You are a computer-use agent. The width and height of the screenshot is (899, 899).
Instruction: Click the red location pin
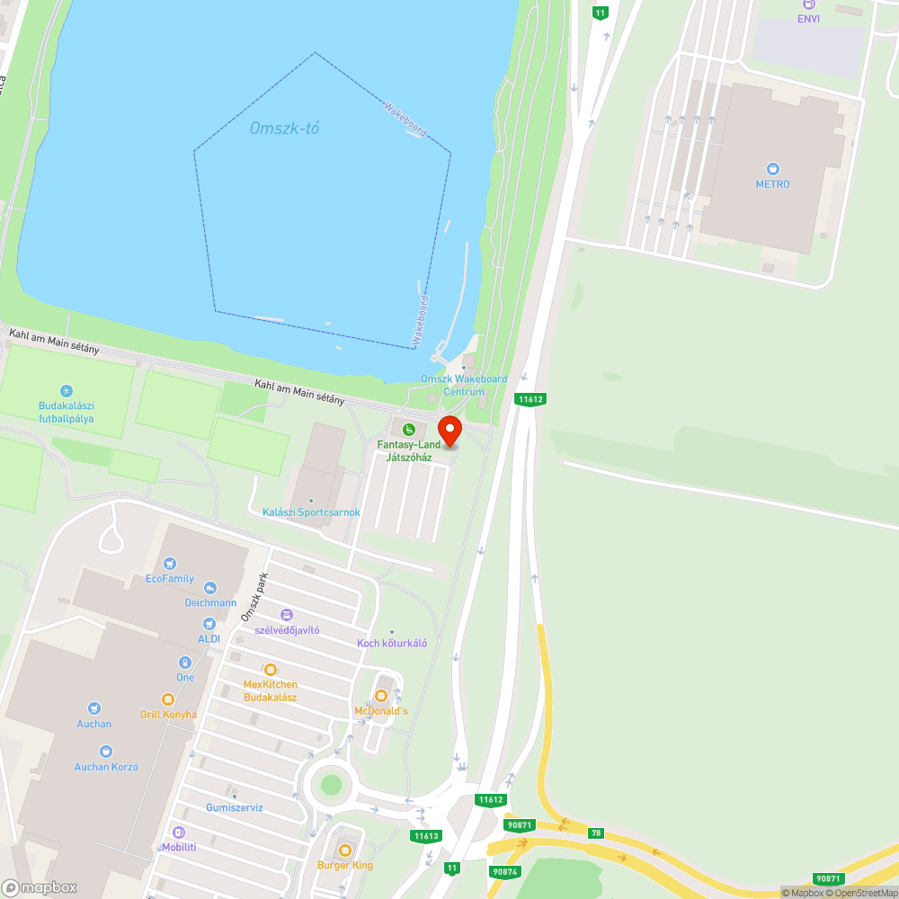coord(449,430)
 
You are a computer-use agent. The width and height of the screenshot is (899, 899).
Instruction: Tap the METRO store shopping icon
coord(772,168)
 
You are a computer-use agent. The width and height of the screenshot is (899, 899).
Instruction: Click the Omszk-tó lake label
coord(284,129)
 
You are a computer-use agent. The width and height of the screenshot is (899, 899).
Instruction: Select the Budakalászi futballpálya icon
coord(66,391)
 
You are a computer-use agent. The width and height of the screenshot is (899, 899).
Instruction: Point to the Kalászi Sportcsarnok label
coord(311,512)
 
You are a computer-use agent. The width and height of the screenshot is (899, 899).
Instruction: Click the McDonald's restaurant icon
coord(380,696)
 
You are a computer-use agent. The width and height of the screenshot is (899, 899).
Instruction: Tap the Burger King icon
coord(344,850)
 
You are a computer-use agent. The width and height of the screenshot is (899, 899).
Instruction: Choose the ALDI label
coord(209,638)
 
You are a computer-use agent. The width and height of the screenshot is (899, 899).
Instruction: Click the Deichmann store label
coord(210,602)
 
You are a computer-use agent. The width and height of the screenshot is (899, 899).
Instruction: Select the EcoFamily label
coord(170,579)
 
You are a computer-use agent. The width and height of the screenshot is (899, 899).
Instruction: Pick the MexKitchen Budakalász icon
coord(270,669)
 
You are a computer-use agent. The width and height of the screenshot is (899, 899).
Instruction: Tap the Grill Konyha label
coord(168,715)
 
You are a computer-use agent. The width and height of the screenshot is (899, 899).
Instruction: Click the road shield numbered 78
coord(595,833)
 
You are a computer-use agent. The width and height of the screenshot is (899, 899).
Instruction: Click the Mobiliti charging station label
coord(179,847)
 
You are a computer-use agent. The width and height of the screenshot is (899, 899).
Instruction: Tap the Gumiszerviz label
coord(234,807)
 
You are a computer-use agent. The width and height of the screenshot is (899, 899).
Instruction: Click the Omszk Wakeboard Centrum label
coord(464,385)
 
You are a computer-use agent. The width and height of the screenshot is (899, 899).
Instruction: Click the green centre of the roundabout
coord(332,785)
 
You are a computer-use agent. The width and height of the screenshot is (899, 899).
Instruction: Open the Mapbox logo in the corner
coord(40,887)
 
